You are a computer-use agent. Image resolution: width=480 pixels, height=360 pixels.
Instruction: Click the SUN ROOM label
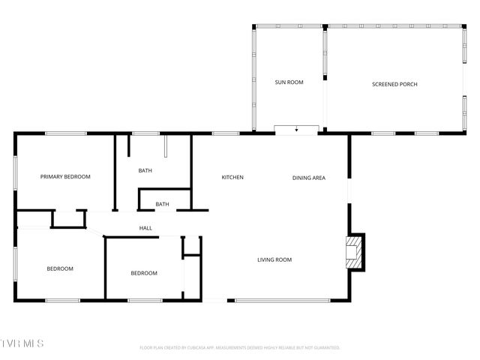pos(289,82)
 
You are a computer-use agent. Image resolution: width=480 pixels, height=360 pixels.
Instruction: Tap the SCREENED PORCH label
pos(394,84)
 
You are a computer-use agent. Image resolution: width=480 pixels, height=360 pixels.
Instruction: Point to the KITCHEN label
pos(232,178)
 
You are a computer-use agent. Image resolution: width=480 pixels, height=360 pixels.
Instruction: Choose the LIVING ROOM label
pos(274,260)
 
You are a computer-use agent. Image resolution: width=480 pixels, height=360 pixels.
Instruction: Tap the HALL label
pos(145,228)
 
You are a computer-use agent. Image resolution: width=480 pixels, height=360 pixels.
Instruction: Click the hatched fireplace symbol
pos(352,253)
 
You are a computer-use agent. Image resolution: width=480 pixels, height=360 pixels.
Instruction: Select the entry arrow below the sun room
pos(297,130)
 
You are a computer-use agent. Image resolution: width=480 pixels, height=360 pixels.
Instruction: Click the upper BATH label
pos(145,171)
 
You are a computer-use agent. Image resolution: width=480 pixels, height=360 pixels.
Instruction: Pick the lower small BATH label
pos(162,204)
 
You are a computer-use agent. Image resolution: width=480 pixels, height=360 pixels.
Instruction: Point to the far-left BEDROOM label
pos(60,268)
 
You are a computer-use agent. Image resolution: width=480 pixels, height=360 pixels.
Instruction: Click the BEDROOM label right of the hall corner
pos(144,273)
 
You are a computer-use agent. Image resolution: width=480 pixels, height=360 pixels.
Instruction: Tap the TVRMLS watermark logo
pos(22,343)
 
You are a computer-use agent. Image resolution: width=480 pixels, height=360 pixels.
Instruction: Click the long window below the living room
pos(281,301)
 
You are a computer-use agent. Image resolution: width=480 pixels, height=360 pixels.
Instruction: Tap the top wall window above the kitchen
pos(225,133)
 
